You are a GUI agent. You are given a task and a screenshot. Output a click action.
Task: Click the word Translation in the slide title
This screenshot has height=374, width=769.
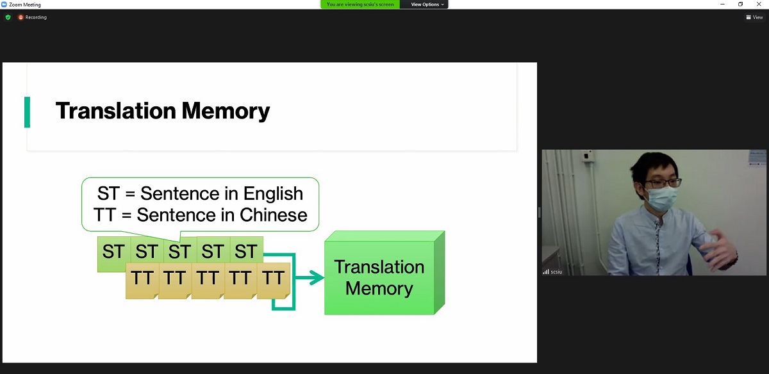coord(116,111)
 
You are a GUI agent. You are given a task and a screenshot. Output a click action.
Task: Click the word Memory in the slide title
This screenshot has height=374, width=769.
coord(226,111)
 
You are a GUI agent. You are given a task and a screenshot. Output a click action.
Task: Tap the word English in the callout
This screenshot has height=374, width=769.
coord(273,193)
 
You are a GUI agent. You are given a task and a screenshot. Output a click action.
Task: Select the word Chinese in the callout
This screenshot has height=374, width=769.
coord(273,215)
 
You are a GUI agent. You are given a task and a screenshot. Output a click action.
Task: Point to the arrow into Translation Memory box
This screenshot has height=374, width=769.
coord(310,277)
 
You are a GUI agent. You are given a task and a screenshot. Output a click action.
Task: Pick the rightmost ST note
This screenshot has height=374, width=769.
coord(247,250)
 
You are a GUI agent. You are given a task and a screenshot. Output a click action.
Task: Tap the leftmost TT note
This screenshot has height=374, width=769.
coord(142,280)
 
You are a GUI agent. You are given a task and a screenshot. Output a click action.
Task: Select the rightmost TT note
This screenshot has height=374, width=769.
coord(274,280)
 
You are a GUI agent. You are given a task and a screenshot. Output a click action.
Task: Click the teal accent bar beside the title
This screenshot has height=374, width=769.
coord(27,112)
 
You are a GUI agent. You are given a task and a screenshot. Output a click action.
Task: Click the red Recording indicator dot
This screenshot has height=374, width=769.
coord(21,17)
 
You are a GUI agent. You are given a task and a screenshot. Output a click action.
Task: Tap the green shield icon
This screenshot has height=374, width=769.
coord(8,17)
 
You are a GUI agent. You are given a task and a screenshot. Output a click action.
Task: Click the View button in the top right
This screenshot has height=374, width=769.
coord(754,17)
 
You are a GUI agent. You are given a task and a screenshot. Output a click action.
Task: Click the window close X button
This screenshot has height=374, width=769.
coord(759,4)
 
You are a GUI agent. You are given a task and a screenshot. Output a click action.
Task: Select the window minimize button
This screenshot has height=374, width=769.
coord(722,4)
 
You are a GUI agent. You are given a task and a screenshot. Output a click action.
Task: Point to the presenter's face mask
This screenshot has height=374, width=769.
coord(661,198)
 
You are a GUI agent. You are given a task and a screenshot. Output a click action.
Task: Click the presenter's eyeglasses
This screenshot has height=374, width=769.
coord(663,183)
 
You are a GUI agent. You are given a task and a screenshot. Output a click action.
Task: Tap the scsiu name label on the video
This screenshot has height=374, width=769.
coord(556,272)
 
